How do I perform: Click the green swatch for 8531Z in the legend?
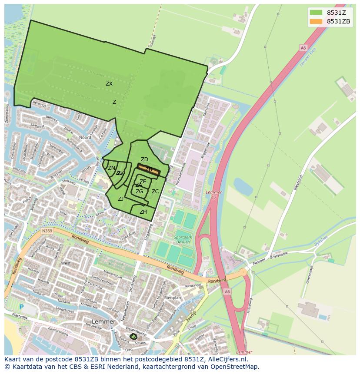click(316, 13)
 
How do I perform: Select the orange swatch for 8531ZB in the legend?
click(316, 21)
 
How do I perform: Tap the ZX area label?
click(109, 84)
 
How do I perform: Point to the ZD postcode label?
click(144, 159)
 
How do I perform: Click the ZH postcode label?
click(143, 212)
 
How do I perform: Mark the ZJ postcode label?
click(120, 199)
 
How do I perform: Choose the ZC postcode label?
click(155, 192)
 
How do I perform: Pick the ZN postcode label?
click(112, 168)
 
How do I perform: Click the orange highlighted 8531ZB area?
click(149, 169)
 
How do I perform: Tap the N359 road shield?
click(47, 231)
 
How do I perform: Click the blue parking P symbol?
click(21, 307)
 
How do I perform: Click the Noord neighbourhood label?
click(85, 137)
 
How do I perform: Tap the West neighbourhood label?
click(66, 263)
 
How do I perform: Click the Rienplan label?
click(173, 298)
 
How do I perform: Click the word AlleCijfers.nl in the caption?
click(226, 359)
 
